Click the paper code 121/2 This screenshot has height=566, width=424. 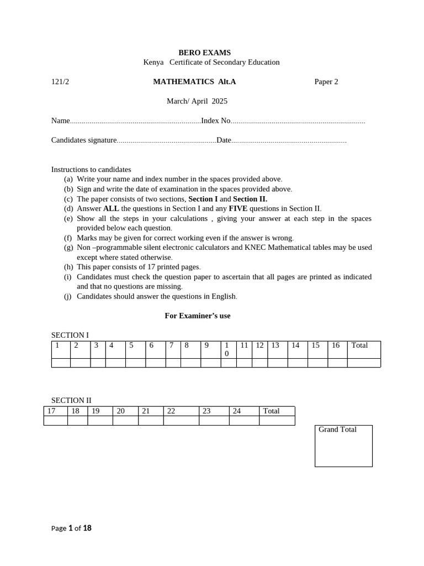(60, 82)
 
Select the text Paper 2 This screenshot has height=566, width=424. (326, 82)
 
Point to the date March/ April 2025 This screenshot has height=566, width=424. (197, 101)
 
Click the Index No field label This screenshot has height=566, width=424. (215, 121)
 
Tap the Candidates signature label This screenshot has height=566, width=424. (84, 140)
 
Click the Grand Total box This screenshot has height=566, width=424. (343, 446)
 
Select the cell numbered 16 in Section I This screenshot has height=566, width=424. (336, 345)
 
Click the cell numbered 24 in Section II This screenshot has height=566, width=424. (237, 411)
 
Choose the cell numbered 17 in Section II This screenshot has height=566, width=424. (52, 411)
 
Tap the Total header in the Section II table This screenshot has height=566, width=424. (271, 411)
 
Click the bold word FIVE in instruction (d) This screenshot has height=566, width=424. (238, 208)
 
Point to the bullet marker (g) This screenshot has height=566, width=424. (68, 248)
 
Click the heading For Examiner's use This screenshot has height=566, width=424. (198, 316)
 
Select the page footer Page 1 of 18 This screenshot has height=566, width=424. (72, 528)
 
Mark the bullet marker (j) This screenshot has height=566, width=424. (68, 296)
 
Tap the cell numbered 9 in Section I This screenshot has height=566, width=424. (206, 345)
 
